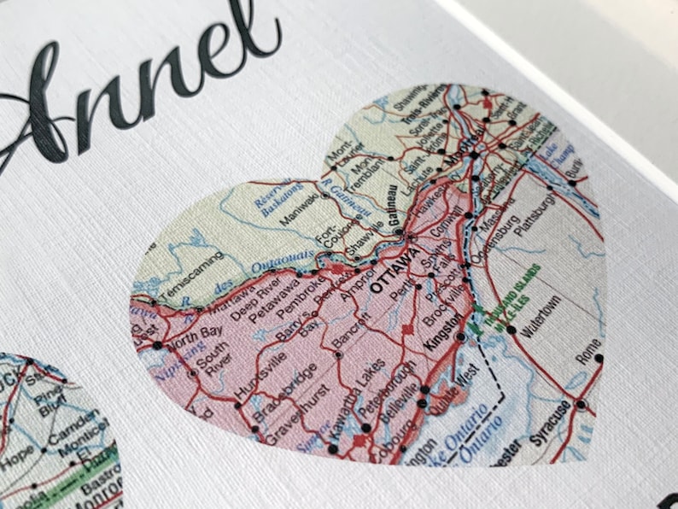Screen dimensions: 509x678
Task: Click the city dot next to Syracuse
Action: pos(581,404)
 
